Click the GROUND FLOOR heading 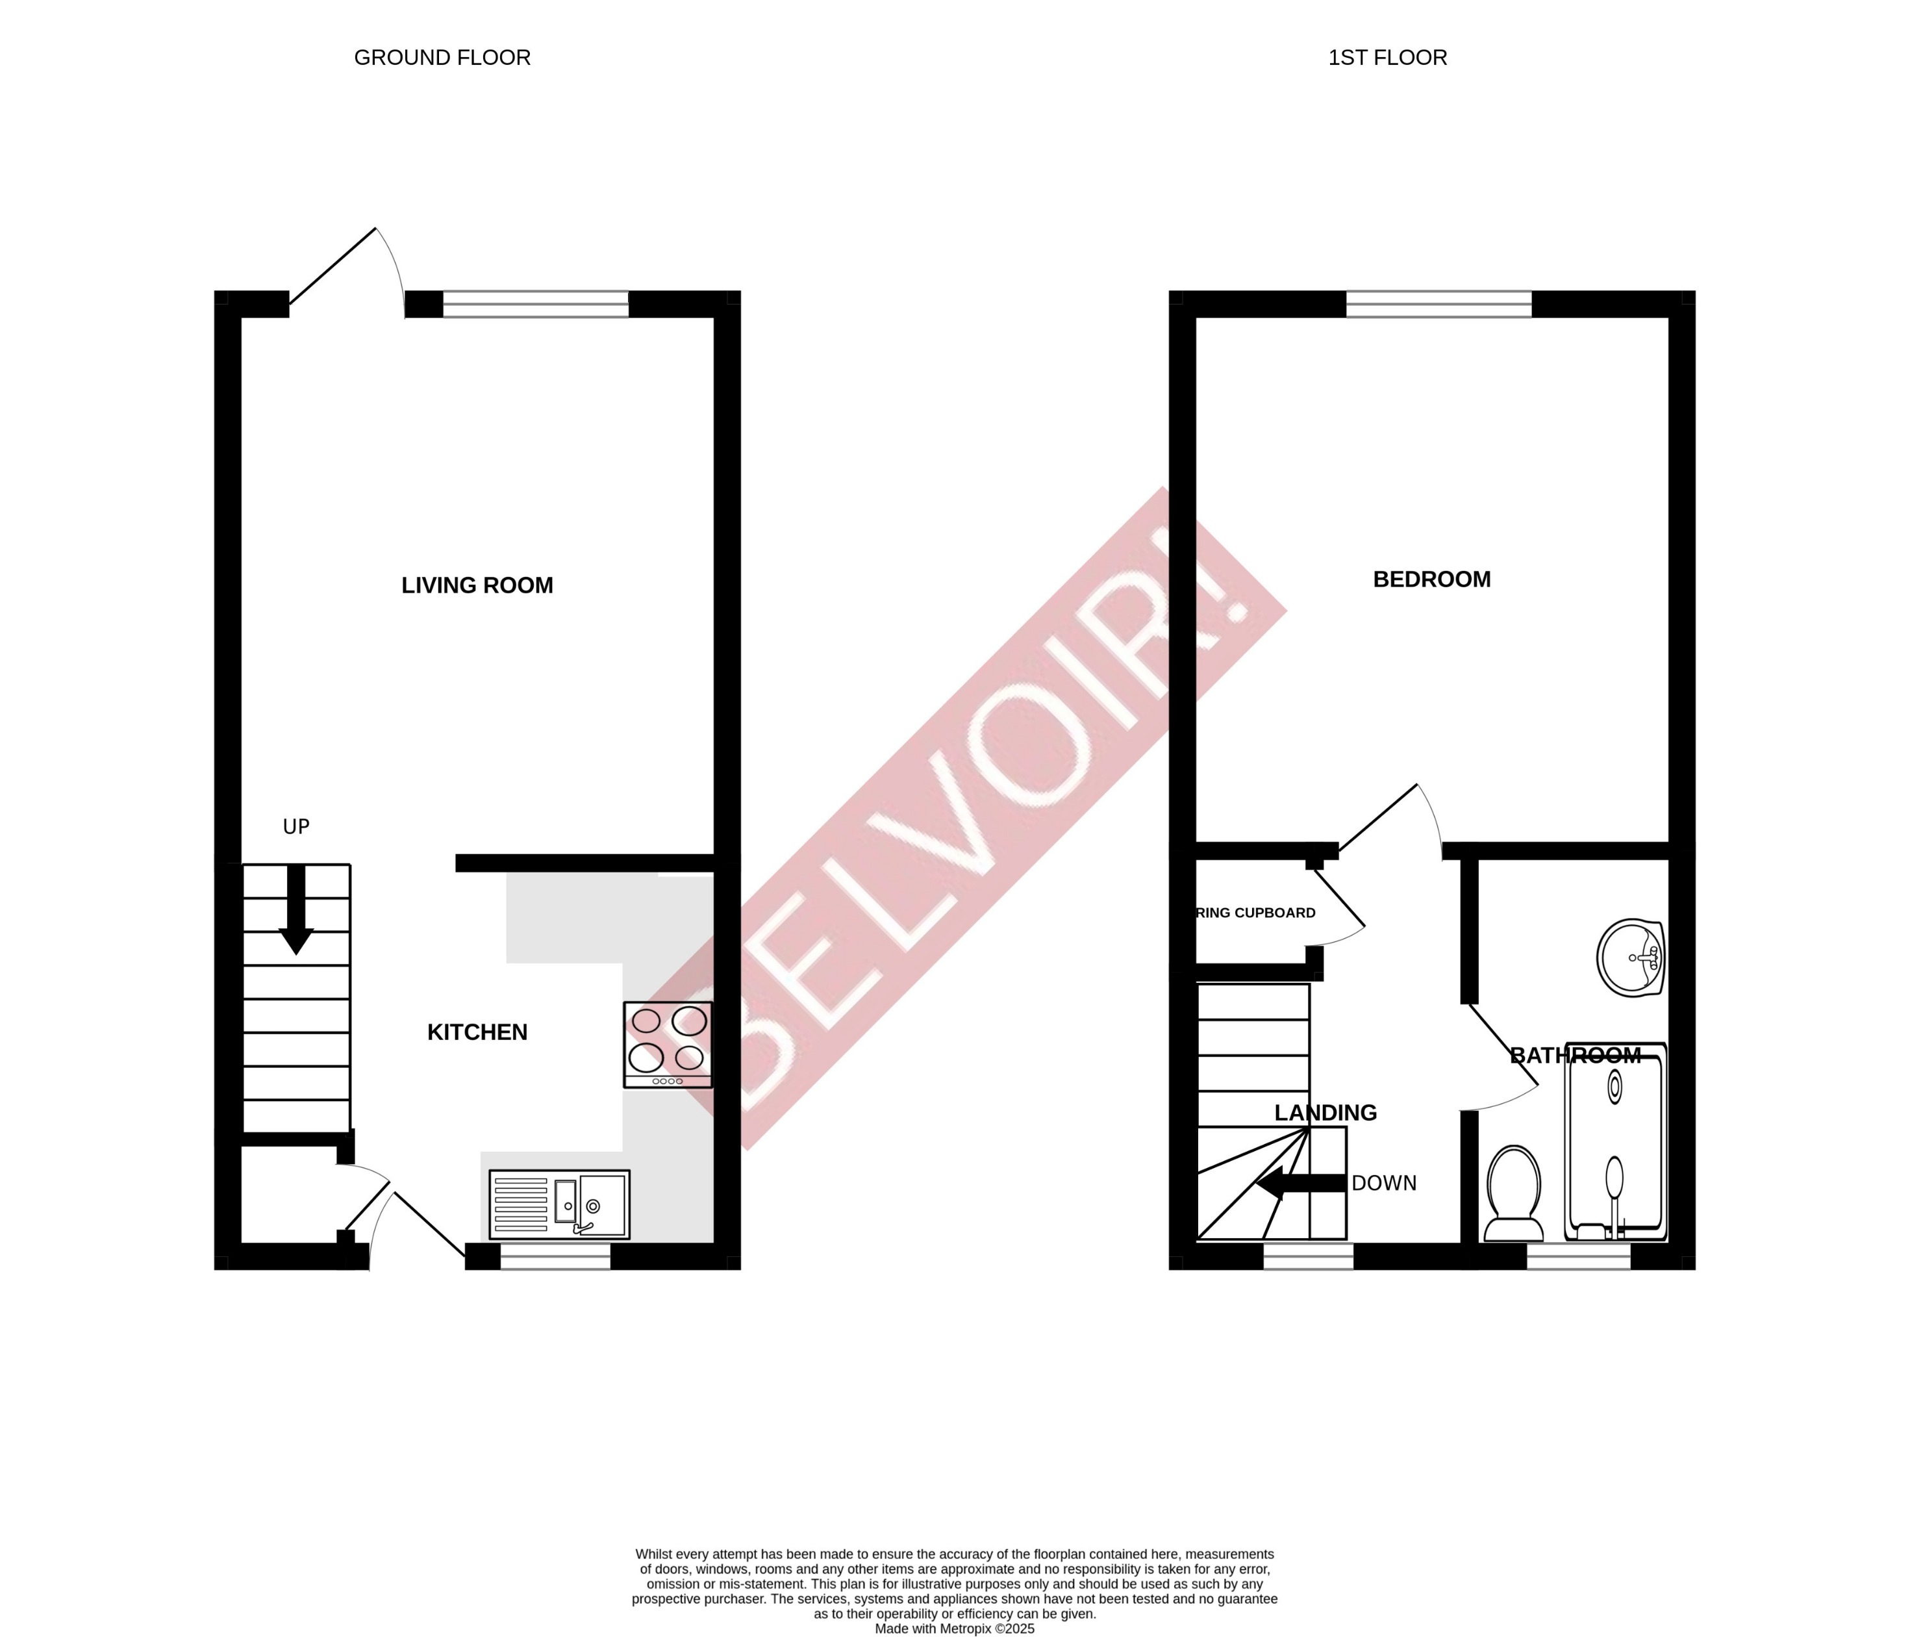[442, 57]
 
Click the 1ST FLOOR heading [1387, 57]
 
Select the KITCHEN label [477, 1032]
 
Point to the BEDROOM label [1431, 579]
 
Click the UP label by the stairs [296, 826]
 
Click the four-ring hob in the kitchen [668, 1044]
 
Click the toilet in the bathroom [1514, 1195]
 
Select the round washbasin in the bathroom [1630, 958]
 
